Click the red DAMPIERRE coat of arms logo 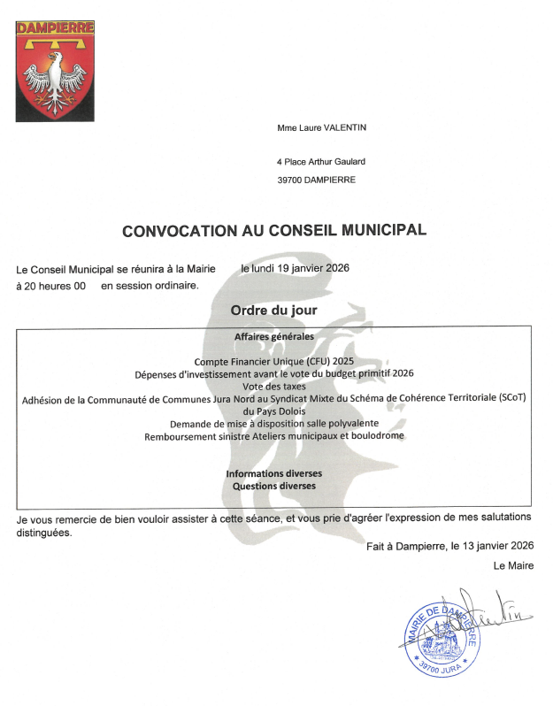point(55,71)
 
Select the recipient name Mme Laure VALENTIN point(321,128)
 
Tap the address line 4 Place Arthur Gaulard point(320,162)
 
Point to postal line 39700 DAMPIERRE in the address point(316,180)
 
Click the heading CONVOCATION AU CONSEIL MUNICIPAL point(273,230)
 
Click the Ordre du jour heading point(273,311)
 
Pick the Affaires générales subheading point(273,337)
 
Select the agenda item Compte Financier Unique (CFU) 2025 point(273,361)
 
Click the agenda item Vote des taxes point(273,386)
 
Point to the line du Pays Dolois point(273,411)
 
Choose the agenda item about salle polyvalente point(273,423)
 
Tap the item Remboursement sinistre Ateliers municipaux point(273,436)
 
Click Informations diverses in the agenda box point(273,473)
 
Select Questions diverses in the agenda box point(273,486)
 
